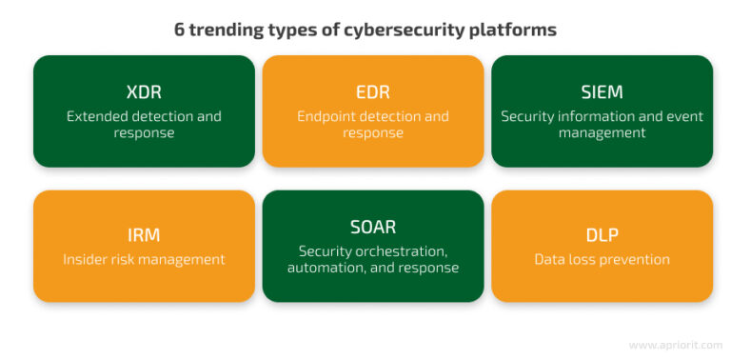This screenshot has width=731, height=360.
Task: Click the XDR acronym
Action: coord(144,92)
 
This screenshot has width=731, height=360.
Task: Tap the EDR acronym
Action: coord(372,92)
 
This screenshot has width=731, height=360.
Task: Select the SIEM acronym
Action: coord(602,92)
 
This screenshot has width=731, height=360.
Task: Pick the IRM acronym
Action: coord(144,235)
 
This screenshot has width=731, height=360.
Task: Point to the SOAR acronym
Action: coord(372,228)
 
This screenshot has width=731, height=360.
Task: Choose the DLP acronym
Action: coord(602,235)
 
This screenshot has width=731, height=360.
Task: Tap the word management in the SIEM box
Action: coord(602,133)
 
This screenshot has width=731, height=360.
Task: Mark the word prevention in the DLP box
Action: coord(634,259)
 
